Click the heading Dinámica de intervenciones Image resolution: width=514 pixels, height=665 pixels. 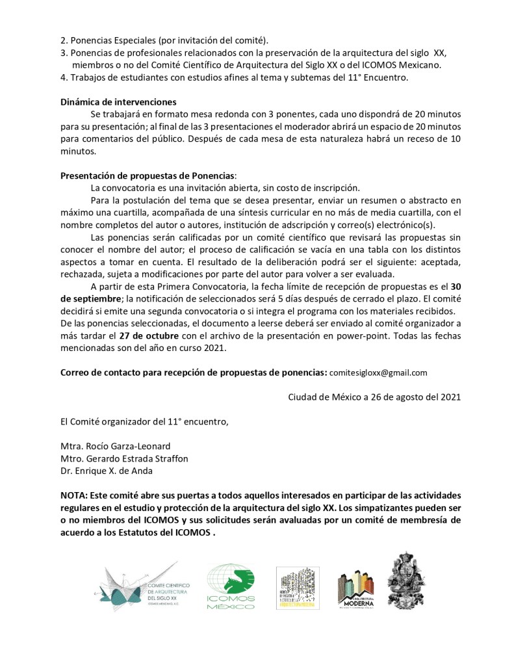[118, 101]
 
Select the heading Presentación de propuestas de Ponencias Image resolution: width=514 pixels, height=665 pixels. [148, 176]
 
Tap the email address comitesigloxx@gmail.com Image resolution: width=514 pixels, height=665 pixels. [378, 372]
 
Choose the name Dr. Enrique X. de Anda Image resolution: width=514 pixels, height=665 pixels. [107, 471]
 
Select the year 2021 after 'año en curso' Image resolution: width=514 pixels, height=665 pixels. [215, 348]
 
